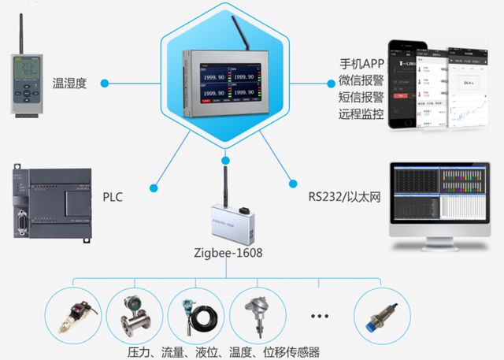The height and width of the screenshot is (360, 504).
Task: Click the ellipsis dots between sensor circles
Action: (319, 316)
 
